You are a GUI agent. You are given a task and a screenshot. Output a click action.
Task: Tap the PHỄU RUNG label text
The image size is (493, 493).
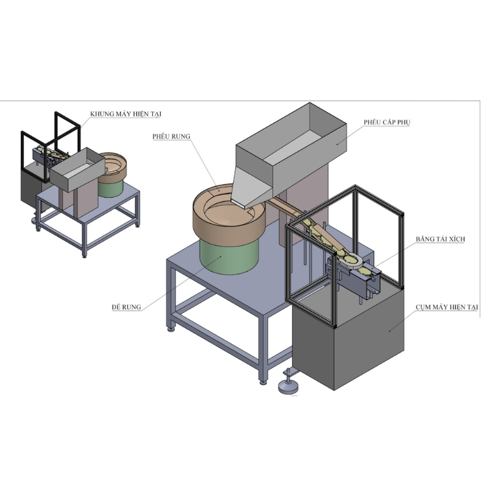click(x=172, y=136)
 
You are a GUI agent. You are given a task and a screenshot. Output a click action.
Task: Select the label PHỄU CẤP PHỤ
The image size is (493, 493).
click(x=386, y=123)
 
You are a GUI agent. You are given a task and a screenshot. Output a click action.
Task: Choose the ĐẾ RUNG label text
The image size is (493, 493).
click(x=126, y=306)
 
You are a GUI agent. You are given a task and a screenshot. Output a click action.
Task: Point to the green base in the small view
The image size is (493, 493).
click(x=111, y=186)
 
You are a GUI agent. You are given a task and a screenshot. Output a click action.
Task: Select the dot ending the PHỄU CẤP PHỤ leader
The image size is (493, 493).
click(x=337, y=142)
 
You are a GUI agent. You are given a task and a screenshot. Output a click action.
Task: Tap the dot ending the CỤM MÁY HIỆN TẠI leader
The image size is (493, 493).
click(x=389, y=331)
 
